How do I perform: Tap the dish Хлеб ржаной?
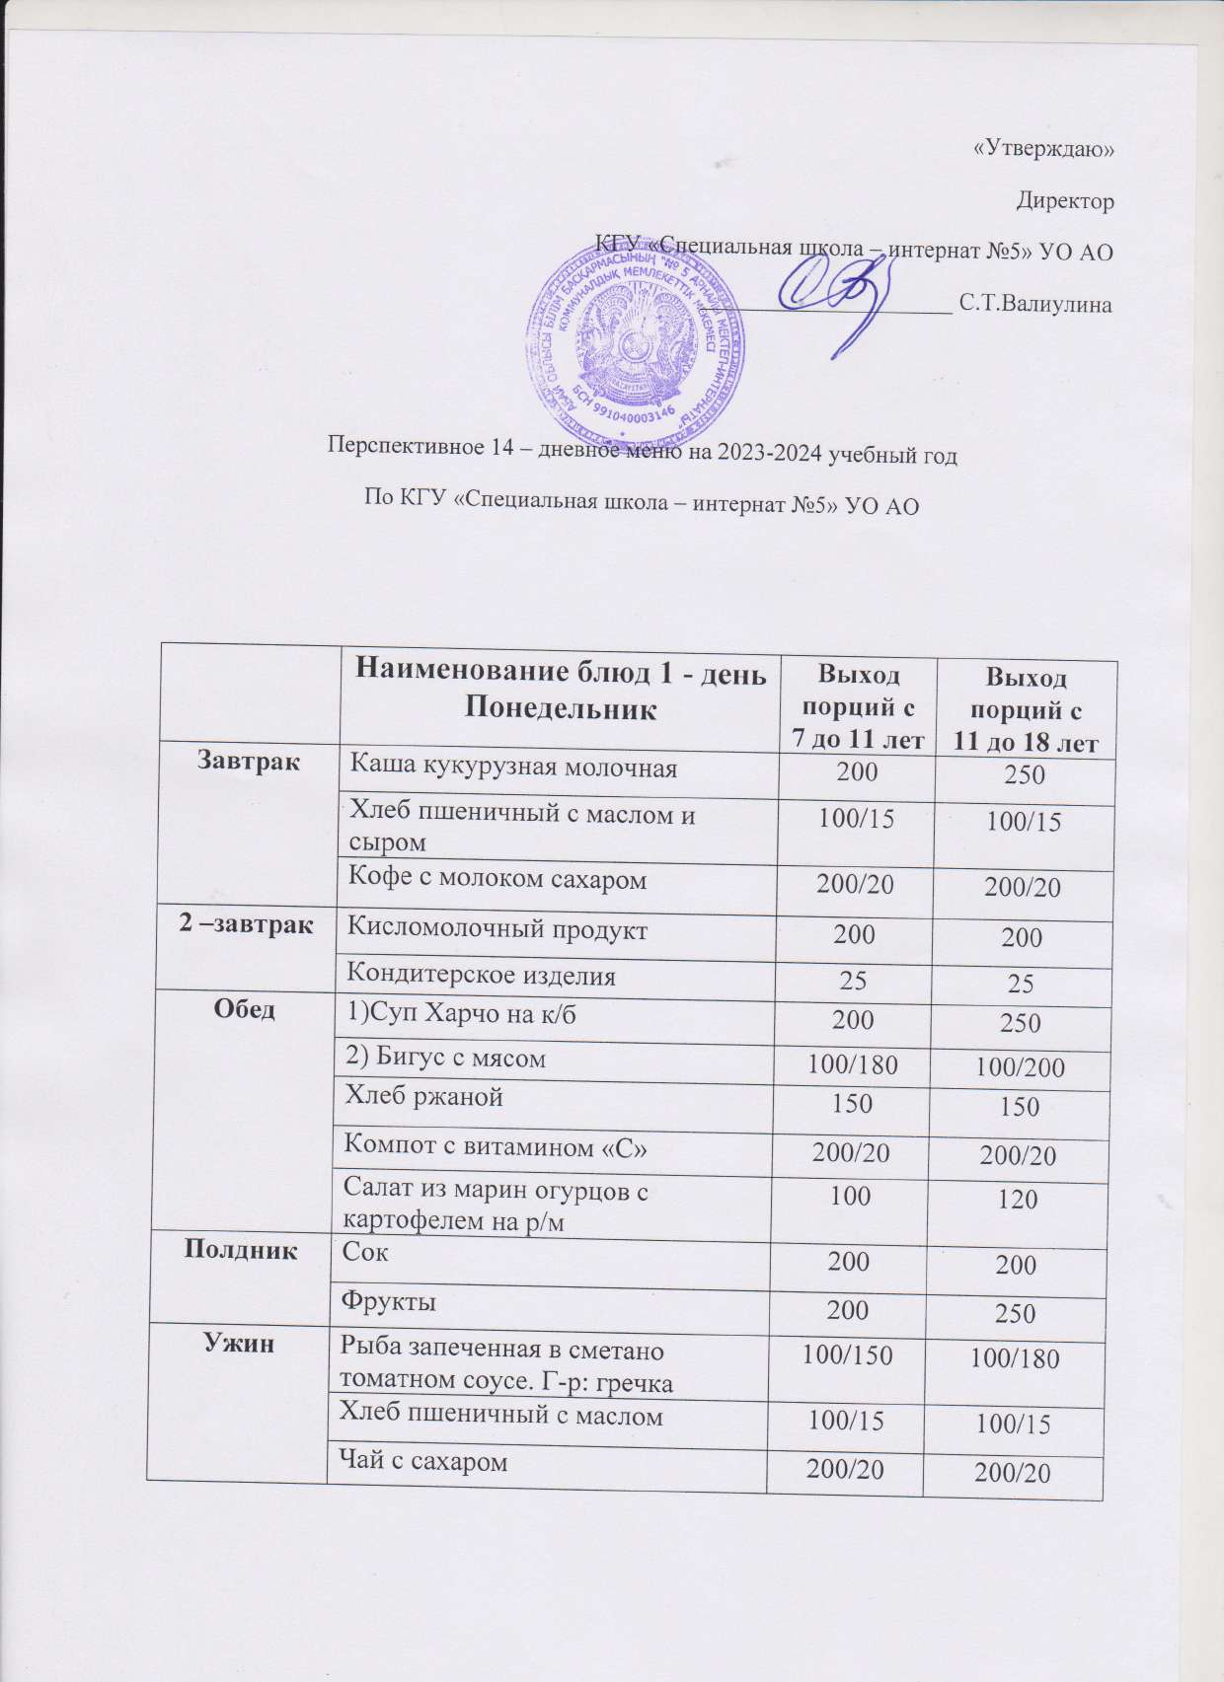tap(422, 1096)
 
